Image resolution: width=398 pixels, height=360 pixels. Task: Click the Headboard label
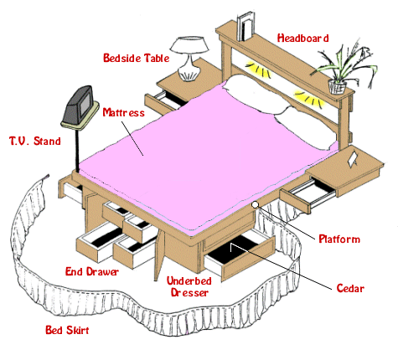302,39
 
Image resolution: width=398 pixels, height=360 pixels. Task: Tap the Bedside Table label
137,58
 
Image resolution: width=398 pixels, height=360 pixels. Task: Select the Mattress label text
123,112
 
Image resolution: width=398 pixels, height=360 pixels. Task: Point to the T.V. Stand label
35,141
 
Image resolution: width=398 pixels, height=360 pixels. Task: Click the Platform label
339,239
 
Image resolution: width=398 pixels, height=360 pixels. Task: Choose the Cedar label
350,288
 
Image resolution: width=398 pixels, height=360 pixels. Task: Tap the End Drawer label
92,271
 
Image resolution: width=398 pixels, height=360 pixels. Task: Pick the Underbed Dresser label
189,286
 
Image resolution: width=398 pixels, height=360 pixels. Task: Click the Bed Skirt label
67,330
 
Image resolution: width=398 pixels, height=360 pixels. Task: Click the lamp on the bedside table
189,59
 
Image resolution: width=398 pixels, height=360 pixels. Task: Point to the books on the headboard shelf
246,27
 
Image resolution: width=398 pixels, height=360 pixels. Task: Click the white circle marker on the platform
255,205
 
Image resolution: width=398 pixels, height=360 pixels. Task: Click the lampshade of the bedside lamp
189,44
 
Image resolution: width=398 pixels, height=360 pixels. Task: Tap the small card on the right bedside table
352,159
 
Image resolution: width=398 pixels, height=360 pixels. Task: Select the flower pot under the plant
338,87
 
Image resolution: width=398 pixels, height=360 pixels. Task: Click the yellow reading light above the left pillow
258,69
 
